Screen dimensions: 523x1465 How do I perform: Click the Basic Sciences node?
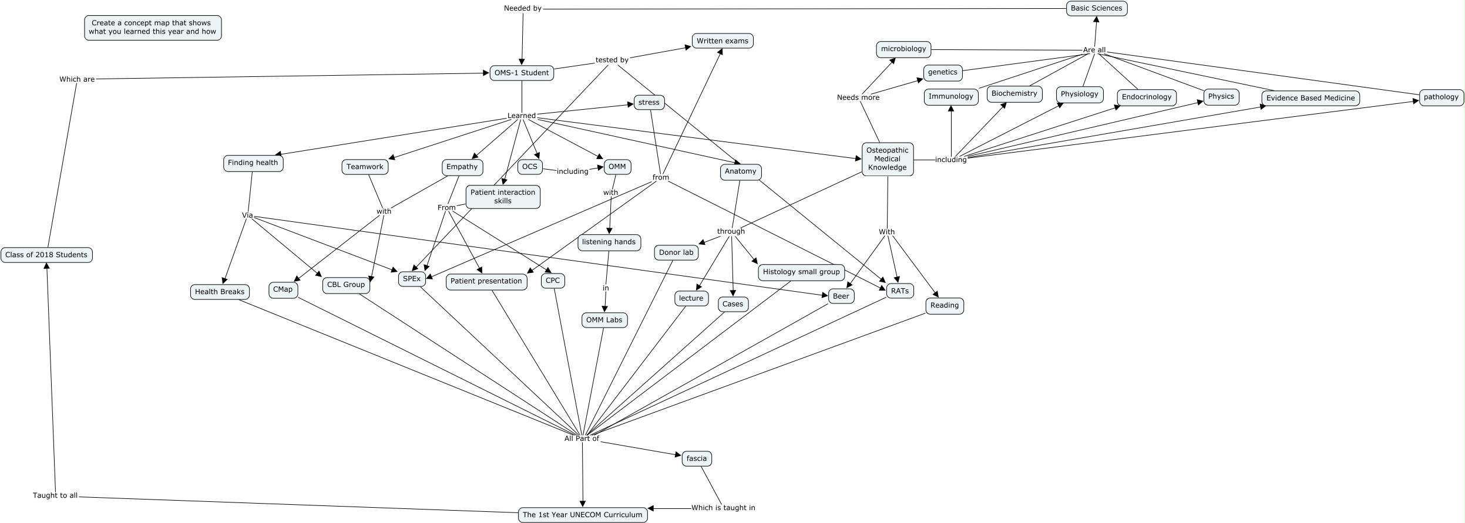click(1096, 8)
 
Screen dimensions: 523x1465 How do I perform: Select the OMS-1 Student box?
click(522, 73)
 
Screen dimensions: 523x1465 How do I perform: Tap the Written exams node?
click(722, 41)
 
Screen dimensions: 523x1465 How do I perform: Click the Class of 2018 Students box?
click(46, 255)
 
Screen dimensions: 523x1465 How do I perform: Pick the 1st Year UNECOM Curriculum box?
click(582, 515)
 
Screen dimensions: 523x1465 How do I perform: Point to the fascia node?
click(696, 458)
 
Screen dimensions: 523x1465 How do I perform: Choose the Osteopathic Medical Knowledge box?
click(887, 159)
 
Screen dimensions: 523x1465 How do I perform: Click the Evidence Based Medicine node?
click(1310, 98)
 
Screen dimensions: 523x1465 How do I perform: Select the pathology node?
click(1440, 97)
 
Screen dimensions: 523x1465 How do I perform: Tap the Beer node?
click(841, 296)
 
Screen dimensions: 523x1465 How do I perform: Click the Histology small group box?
click(801, 272)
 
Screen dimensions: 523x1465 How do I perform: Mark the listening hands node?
click(609, 242)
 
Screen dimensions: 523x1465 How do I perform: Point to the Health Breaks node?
click(220, 292)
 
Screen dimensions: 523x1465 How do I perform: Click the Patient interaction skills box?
click(502, 197)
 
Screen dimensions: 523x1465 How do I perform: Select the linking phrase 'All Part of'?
click(582, 438)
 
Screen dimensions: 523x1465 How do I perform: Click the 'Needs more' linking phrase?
click(858, 97)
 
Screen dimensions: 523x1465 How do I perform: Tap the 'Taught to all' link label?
click(55, 495)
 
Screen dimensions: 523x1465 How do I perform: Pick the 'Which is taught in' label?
click(723, 508)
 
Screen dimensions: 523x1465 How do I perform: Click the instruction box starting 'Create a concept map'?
click(153, 28)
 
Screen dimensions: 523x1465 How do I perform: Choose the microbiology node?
click(903, 49)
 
